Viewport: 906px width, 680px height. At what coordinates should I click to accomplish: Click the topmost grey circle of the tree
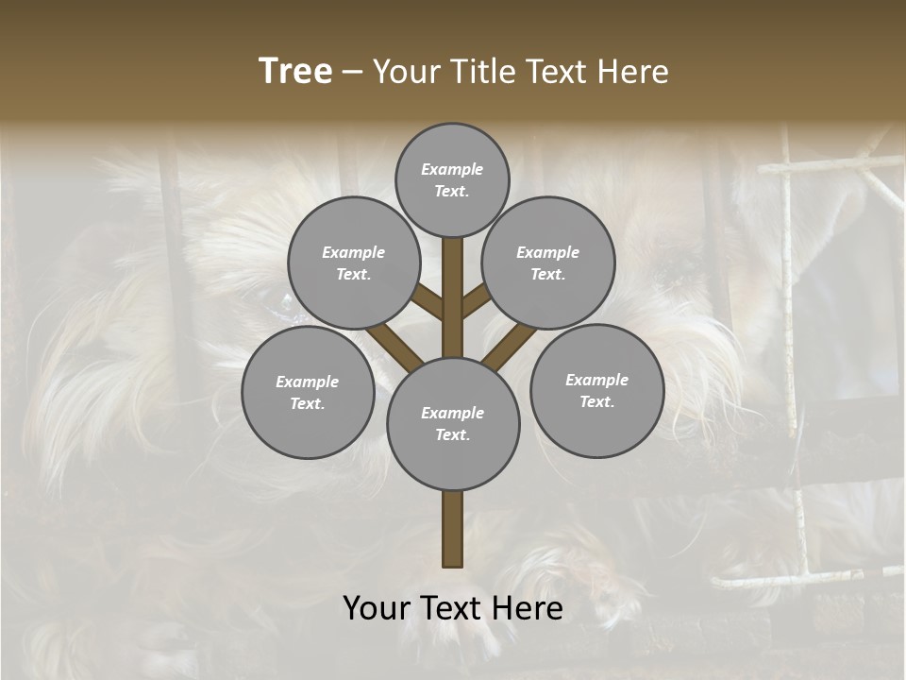click(x=452, y=179)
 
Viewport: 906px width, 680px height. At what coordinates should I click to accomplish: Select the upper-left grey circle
click(x=354, y=263)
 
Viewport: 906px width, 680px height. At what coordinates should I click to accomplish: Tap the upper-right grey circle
click(x=548, y=263)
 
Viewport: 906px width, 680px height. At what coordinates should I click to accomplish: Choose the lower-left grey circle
click(x=308, y=392)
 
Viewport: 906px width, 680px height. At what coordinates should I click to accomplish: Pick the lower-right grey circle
click(x=596, y=390)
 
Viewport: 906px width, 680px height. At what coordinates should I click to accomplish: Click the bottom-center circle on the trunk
click(x=453, y=424)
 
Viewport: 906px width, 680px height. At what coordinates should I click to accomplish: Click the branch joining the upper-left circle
click(x=428, y=302)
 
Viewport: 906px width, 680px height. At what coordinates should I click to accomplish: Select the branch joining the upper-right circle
click(x=476, y=301)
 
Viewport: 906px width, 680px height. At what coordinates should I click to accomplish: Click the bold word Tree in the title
click(x=295, y=72)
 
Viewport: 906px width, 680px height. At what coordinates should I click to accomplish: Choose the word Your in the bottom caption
click(x=376, y=608)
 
